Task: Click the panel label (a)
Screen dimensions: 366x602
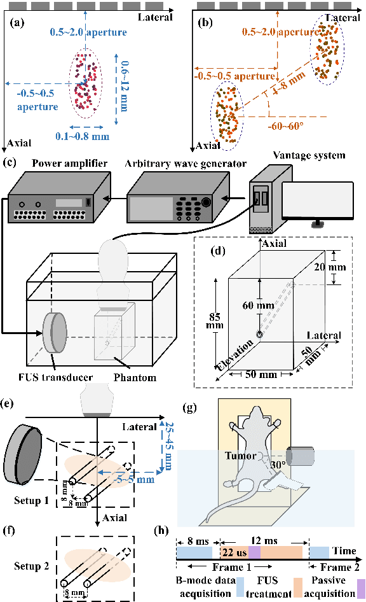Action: click(18, 23)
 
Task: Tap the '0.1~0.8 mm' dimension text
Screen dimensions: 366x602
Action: click(82, 136)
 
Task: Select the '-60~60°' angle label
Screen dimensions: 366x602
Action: click(285, 126)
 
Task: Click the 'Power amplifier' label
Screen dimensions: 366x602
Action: click(69, 164)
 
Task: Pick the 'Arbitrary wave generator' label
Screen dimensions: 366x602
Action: click(186, 164)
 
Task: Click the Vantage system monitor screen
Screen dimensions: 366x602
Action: click(318, 200)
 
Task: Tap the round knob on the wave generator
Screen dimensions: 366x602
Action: click(206, 202)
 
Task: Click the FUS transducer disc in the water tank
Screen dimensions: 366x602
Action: click(55, 332)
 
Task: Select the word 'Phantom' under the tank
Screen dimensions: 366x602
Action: click(135, 378)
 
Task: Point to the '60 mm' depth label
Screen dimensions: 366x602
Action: click(258, 305)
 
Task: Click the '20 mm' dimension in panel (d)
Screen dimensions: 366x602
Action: click(330, 267)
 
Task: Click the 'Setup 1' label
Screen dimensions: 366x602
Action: click(31, 501)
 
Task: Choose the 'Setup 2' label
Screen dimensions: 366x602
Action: click(31, 566)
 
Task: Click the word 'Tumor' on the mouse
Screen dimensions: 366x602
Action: click(240, 456)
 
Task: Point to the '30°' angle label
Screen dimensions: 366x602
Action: click(278, 465)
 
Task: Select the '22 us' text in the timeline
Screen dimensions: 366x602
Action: click(234, 552)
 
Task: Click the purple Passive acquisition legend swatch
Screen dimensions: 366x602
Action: click(361, 588)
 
